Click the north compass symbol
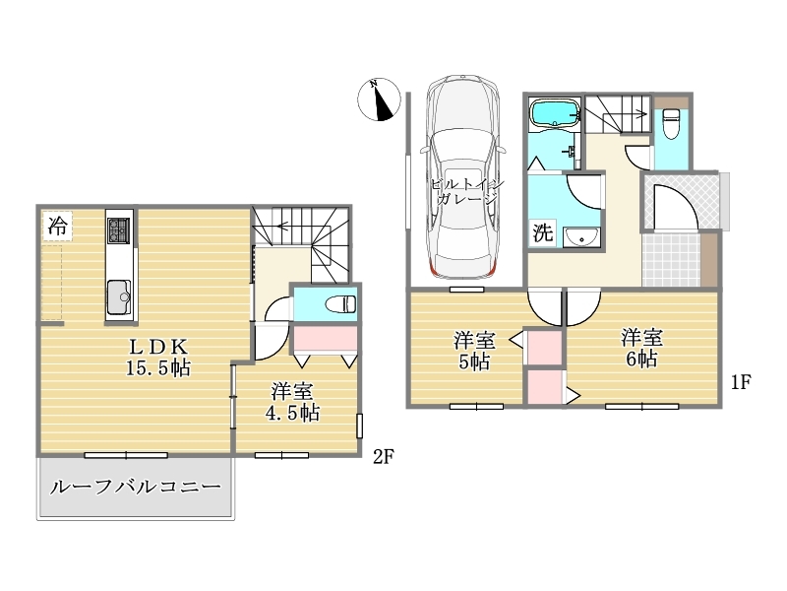379,99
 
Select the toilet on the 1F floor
671,123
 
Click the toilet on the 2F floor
340,304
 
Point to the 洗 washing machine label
543,232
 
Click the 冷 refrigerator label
57,227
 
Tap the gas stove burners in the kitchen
119,230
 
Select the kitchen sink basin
119,297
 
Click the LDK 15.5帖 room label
157,358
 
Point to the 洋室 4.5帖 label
292,402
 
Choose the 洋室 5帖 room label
474,351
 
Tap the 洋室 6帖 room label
642,348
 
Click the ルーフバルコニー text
136,487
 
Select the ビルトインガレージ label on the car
466,191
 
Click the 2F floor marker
383,457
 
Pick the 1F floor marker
741,382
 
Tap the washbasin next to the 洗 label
581,237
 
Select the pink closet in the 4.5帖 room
325,339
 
